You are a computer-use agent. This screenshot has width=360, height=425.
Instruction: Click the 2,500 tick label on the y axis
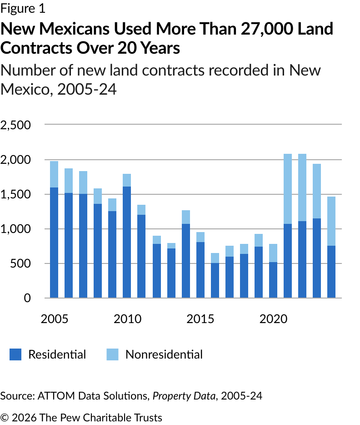click(15, 125)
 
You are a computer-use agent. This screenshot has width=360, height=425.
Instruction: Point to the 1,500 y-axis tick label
click(15, 194)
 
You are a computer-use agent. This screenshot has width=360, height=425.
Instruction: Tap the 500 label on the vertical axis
click(21, 263)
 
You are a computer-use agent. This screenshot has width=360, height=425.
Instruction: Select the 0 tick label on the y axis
click(27, 298)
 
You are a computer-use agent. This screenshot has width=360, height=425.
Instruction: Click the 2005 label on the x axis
click(54, 319)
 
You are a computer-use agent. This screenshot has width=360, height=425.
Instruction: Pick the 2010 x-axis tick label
click(127, 319)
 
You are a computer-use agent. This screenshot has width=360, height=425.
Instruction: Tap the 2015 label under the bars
click(200, 319)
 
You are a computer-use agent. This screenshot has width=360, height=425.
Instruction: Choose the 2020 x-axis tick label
click(273, 319)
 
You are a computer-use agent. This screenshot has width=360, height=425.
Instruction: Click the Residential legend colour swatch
click(15, 354)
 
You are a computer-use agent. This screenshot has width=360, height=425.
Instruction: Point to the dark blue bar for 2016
click(215, 280)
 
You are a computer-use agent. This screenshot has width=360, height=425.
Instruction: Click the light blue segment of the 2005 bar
click(54, 174)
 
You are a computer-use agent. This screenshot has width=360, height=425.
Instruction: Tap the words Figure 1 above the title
click(23, 9)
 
